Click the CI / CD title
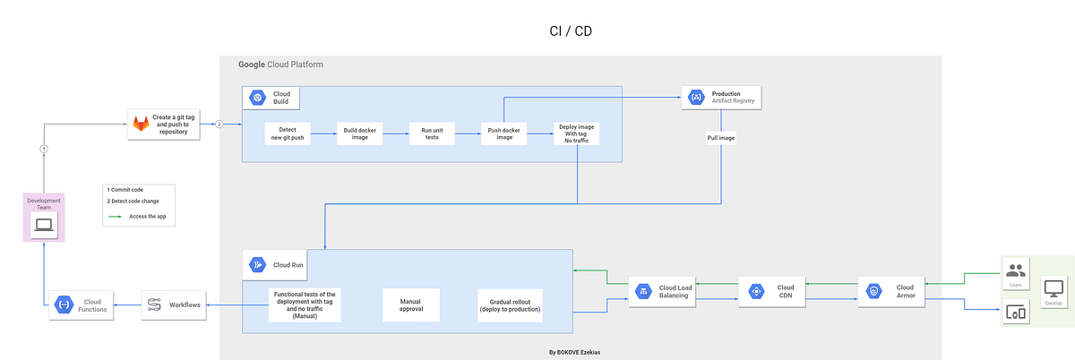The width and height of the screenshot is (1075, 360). (571, 30)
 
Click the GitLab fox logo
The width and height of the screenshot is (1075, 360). (142, 124)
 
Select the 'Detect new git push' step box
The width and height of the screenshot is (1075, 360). (288, 133)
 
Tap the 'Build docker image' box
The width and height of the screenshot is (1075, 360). (360, 133)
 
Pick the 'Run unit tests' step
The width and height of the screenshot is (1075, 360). (433, 133)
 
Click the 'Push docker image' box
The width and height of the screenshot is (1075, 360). (504, 133)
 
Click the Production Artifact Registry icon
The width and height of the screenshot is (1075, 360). (696, 97)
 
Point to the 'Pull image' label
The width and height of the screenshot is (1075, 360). (721, 139)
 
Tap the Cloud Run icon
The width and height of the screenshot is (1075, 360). (257, 264)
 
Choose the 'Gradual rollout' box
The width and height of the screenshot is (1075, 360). (510, 305)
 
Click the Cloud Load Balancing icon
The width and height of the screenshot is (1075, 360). (642, 291)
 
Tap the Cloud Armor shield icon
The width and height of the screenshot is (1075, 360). (874, 291)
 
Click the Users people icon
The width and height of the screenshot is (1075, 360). (1015, 270)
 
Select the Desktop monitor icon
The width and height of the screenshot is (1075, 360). (1053, 289)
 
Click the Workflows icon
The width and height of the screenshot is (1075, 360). (154, 305)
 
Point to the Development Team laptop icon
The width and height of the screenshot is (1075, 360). (44, 226)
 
